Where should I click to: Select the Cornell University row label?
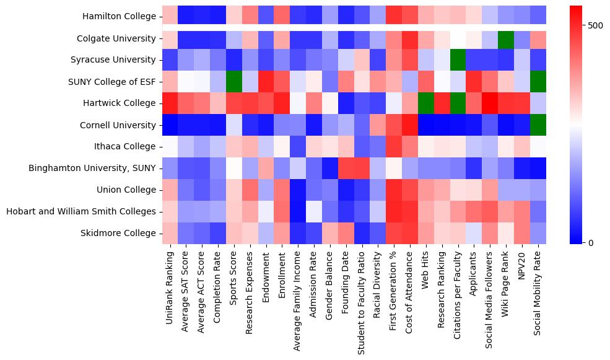click(118, 125)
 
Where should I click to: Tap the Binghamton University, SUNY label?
click(92, 169)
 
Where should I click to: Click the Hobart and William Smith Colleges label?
click(81, 212)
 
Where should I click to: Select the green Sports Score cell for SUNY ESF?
click(234, 82)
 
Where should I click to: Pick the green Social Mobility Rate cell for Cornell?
click(538, 125)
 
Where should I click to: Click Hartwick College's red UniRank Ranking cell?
click(170, 103)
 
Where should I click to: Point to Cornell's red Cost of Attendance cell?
click(409, 125)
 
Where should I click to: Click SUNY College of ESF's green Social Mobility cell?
click(538, 82)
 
